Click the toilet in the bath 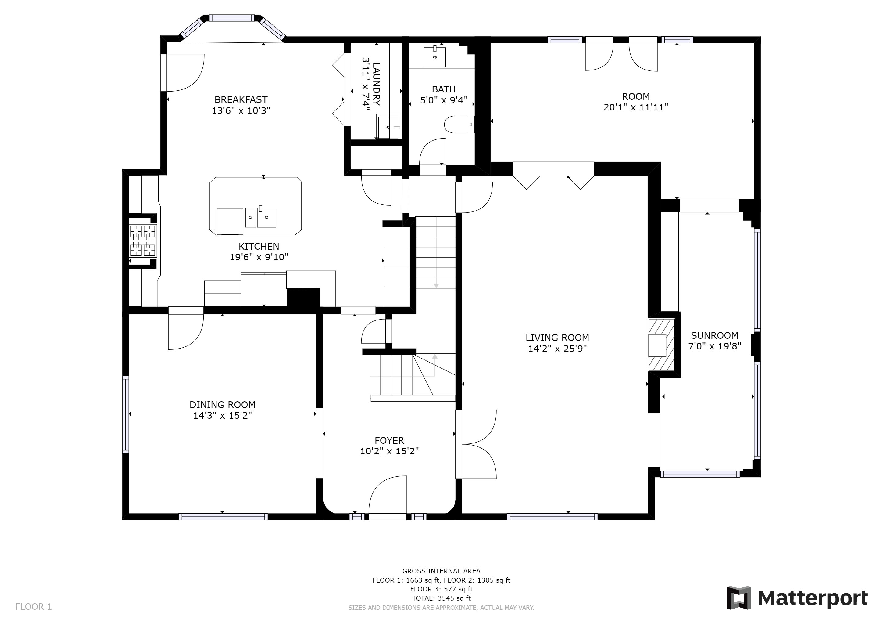pos(459,124)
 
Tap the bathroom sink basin pos(435,57)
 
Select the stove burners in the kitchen pos(143,241)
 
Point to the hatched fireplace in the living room pos(661,345)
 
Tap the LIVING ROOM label pos(557,338)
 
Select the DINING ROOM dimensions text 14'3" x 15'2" pos(223,415)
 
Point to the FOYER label pos(389,440)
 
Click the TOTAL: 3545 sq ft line pos(441,598)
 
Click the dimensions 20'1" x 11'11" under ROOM pos(636,107)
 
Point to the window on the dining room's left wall pos(125,414)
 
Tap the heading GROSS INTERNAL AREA pos(441,571)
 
